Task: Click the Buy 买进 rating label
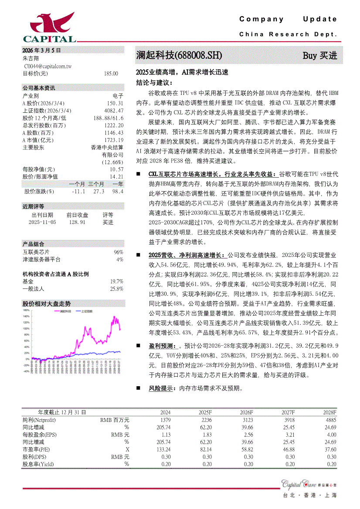[x=320, y=56]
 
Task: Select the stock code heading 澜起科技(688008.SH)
[x=179, y=56]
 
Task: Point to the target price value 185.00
[x=111, y=74]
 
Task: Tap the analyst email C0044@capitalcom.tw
[x=48, y=66]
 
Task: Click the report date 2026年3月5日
[x=42, y=50]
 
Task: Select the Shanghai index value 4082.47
[x=114, y=111]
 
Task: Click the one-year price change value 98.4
[x=118, y=191]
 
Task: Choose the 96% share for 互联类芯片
[x=119, y=252]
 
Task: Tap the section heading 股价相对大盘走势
[x=46, y=303]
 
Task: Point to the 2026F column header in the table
[x=246, y=412]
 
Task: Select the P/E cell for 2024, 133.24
[x=162, y=449]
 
